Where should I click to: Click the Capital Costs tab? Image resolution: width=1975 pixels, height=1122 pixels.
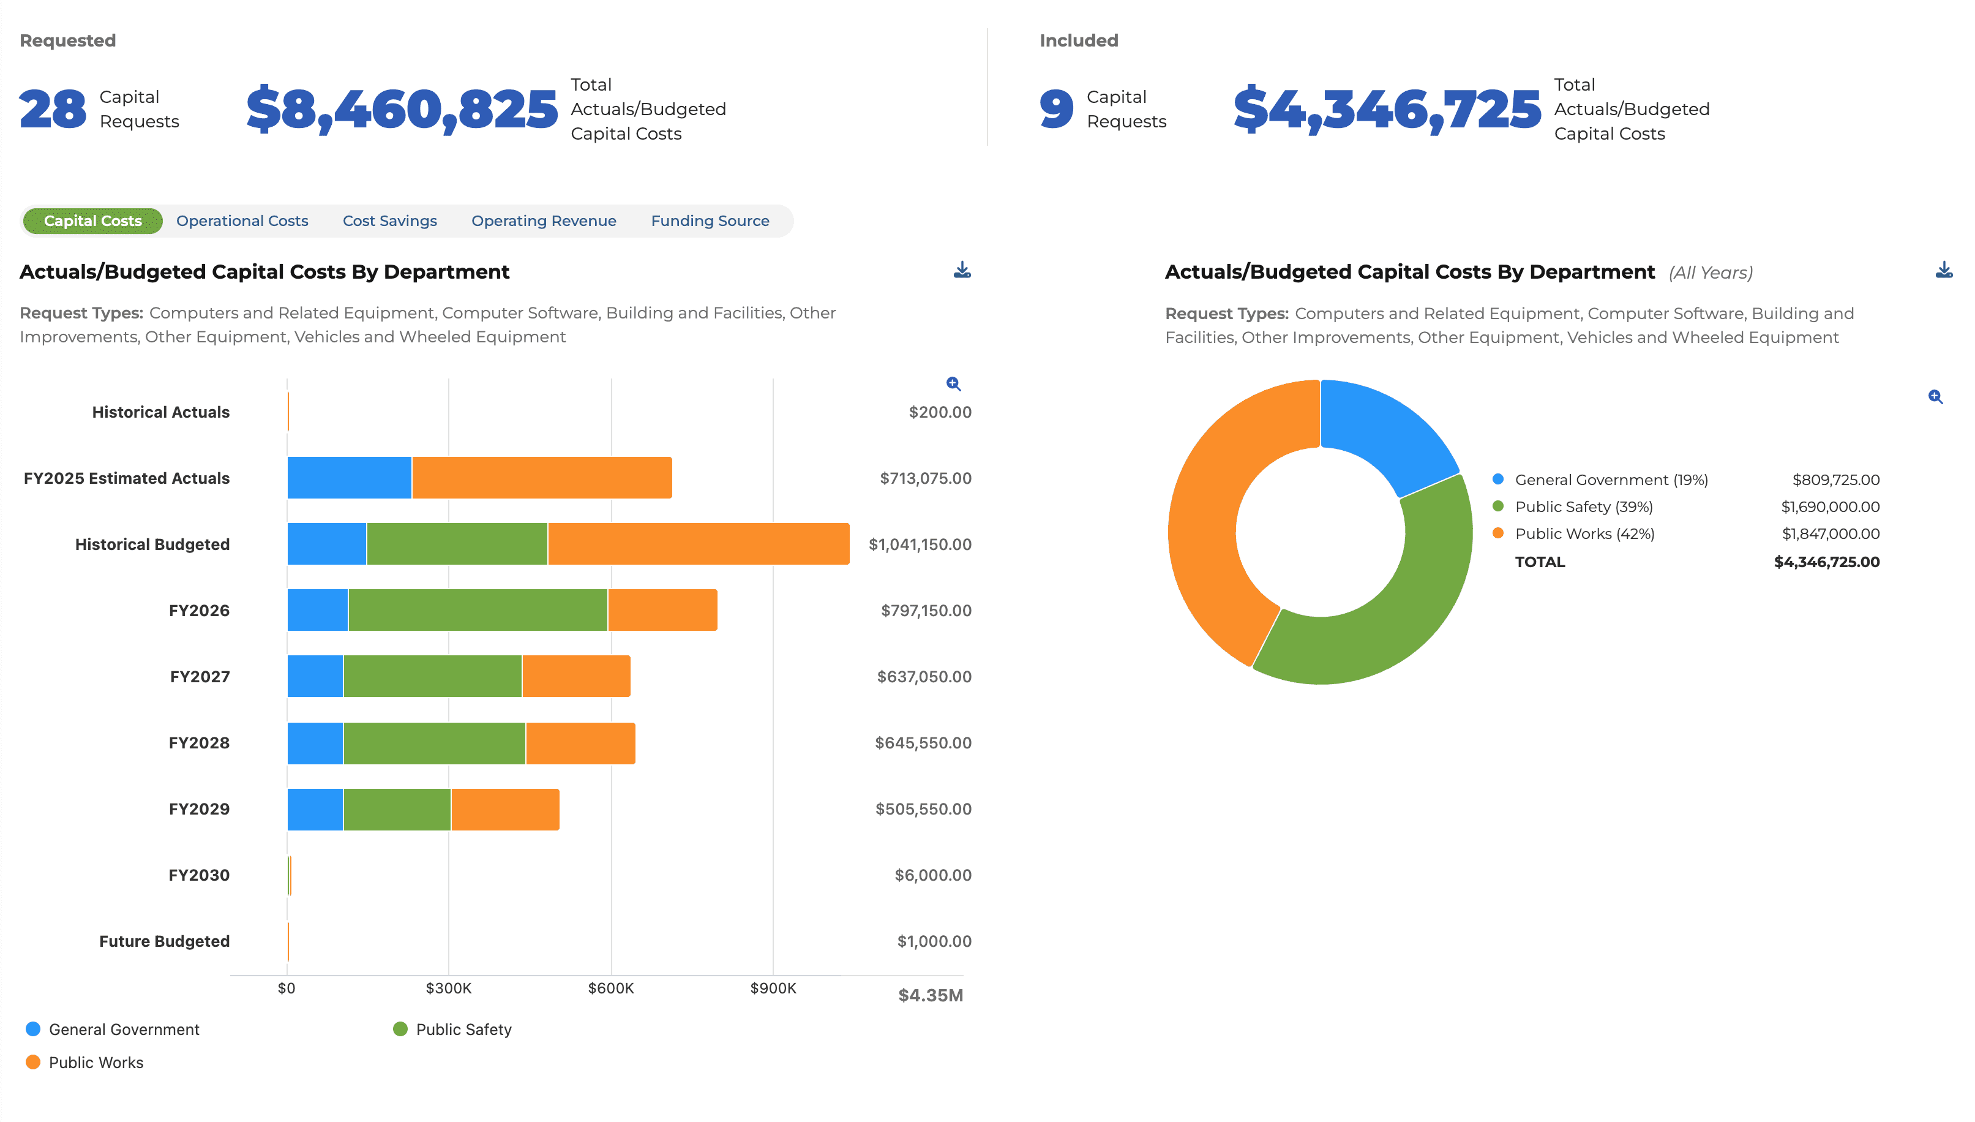point(92,221)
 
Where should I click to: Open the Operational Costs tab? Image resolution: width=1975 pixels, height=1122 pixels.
point(242,221)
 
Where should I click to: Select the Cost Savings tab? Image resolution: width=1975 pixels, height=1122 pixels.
point(390,221)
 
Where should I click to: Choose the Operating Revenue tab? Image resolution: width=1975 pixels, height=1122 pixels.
point(544,221)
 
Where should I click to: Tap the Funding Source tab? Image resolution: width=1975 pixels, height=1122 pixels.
point(710,221)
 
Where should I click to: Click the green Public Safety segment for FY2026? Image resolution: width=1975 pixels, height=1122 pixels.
point(478,611)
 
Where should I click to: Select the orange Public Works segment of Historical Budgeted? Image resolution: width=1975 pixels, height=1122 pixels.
point(699,544)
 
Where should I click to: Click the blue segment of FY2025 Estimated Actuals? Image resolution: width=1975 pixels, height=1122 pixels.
point(349,478)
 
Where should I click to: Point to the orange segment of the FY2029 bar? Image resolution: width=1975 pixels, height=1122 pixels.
point(505,809)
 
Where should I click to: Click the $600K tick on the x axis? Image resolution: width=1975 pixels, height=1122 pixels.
point(611,988)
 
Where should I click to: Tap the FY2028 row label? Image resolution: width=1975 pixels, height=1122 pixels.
point(199,743)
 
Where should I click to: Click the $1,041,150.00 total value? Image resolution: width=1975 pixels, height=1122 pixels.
point(920,544)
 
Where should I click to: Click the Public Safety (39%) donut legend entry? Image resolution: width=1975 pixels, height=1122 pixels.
point(1583,507)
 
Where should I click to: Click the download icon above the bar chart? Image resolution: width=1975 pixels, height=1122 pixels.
point(962,271)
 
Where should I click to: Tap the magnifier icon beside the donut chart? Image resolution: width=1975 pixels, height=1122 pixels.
point(1935,397)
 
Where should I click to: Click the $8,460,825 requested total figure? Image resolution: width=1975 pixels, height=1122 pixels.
point(402,110)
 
